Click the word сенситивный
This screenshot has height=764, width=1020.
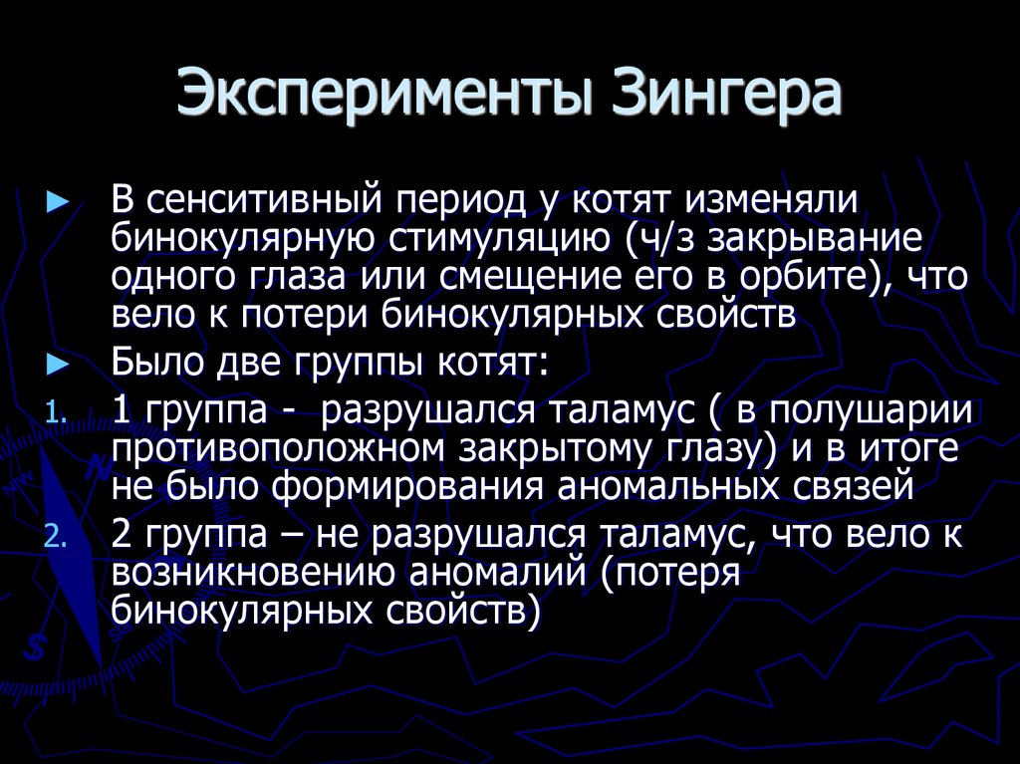point(271,198)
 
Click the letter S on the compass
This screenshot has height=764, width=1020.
point(37,648)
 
